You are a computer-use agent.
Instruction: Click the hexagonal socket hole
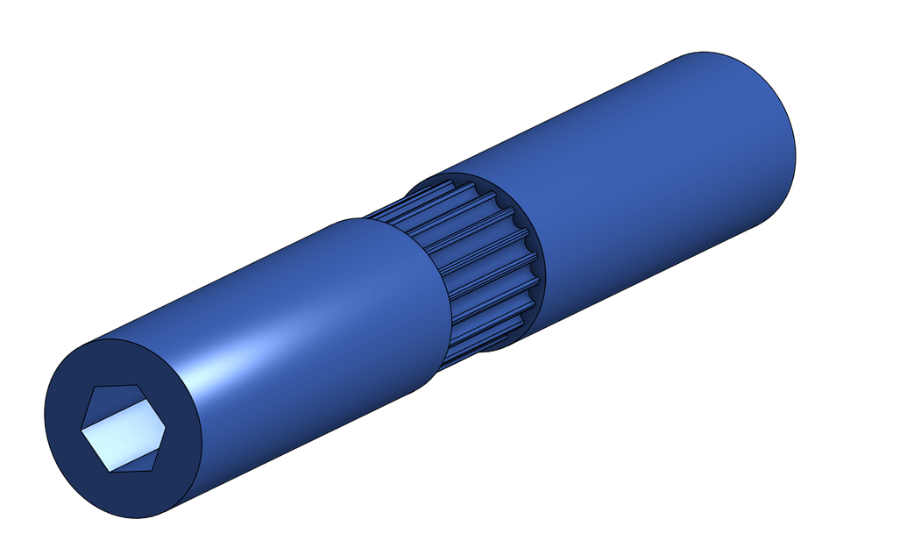coord(124,428)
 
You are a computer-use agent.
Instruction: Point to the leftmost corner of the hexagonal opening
coord(81,429)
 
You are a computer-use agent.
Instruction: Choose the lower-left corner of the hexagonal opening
coord(107,471)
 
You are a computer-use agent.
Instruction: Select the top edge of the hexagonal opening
coord(118,385)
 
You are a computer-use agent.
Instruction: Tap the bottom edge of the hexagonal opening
coord(130,471)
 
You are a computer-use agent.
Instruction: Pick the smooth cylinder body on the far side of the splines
coord(648,175)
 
